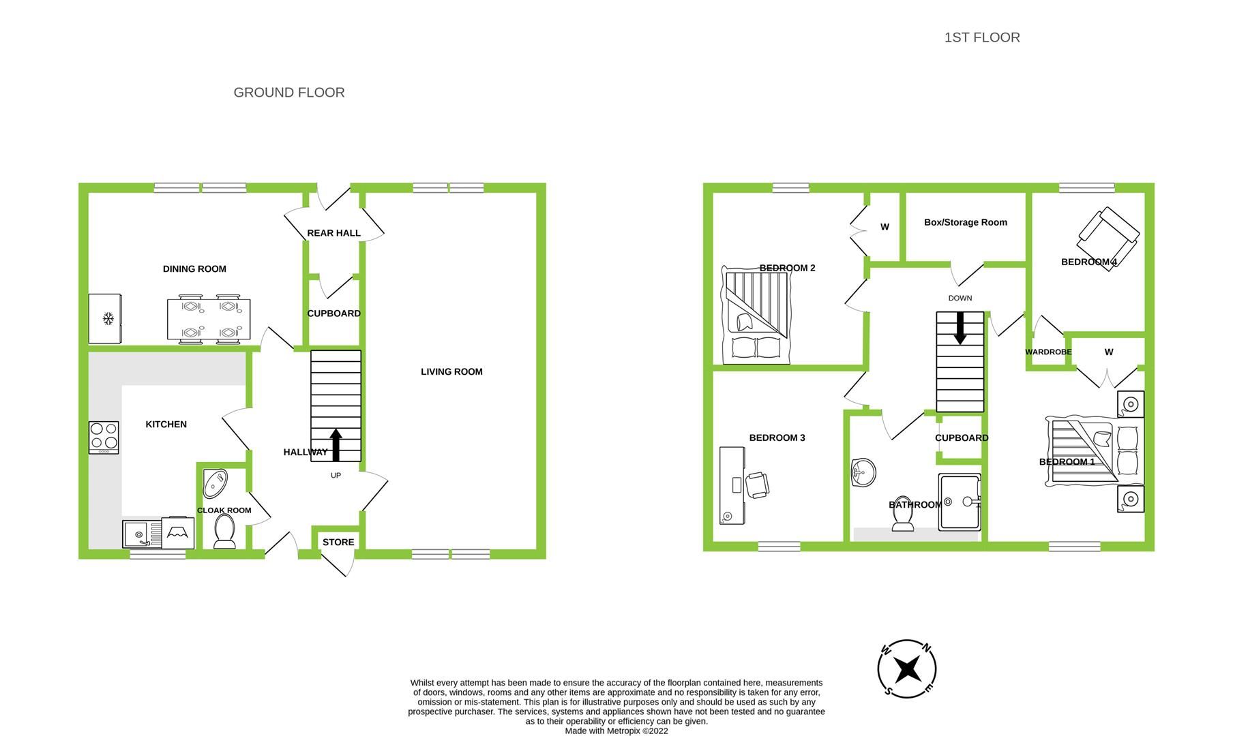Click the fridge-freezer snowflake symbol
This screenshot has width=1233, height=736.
point(108,318)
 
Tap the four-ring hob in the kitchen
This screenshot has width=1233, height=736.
point(104,437)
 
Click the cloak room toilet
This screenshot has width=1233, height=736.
point(224,531)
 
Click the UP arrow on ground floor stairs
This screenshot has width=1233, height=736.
point(336,444)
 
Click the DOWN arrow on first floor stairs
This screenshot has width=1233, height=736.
point(960,328)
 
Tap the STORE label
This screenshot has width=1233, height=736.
point(338,542)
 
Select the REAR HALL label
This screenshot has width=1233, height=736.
point(333,233)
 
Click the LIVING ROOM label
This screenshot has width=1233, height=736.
point(451,371)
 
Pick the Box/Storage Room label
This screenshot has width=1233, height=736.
point(965,222)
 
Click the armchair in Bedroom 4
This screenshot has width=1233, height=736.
point(1108,235)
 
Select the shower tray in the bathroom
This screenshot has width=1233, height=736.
point(960,503)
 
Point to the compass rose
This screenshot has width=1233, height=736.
point(906,669)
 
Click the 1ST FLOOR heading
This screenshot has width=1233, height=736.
point(981,37)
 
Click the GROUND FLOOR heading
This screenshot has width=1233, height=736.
point(289,93)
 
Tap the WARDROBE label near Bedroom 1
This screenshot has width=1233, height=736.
point(1048,352)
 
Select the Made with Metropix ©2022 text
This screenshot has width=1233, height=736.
point(616,731)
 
